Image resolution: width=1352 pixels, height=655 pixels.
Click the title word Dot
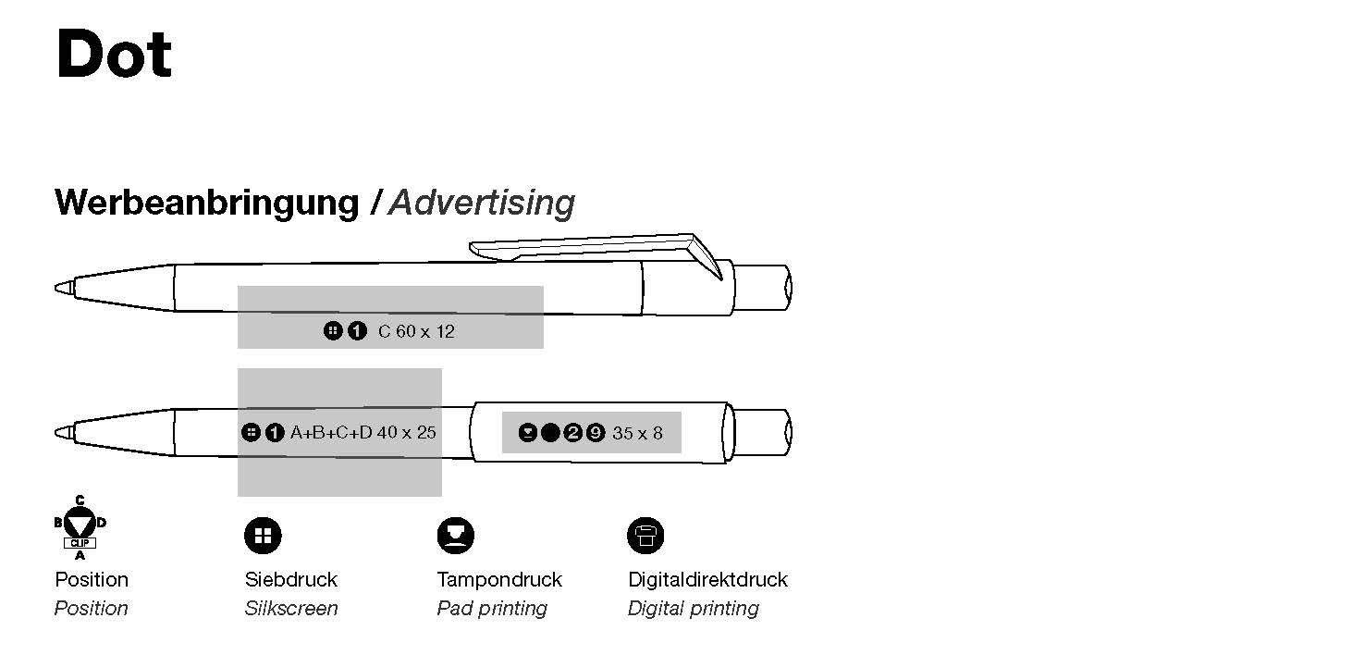tap(114, 54)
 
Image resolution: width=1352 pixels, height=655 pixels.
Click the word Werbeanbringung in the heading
tap(207, 203)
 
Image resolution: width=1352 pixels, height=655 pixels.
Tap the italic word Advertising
tap(482, 203)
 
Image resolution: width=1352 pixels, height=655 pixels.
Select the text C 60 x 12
tap(416, 331)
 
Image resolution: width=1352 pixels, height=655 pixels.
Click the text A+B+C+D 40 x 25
tap(363, 432)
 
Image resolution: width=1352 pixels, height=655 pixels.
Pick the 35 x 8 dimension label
tap(637, 433)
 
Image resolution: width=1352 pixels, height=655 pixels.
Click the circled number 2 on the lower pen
tap(572, 433)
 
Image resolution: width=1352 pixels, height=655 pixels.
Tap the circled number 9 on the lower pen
tap(596, 433)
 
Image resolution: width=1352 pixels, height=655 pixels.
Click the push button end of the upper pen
tap(763, 288)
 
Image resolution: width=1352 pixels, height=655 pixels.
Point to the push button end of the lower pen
tap(763, 432)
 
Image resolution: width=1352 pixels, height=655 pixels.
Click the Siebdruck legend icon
tap(264, 536)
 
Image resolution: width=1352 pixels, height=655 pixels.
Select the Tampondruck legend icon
tap(456, 536)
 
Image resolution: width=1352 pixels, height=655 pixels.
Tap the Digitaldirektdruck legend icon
tap(645, 536)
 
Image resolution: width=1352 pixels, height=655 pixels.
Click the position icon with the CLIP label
tap(80, 527)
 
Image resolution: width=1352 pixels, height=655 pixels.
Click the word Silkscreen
tap(291, 608)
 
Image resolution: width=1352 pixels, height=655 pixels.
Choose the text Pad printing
tap(492, 609)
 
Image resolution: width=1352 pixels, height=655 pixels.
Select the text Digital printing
tap(693, 609)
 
